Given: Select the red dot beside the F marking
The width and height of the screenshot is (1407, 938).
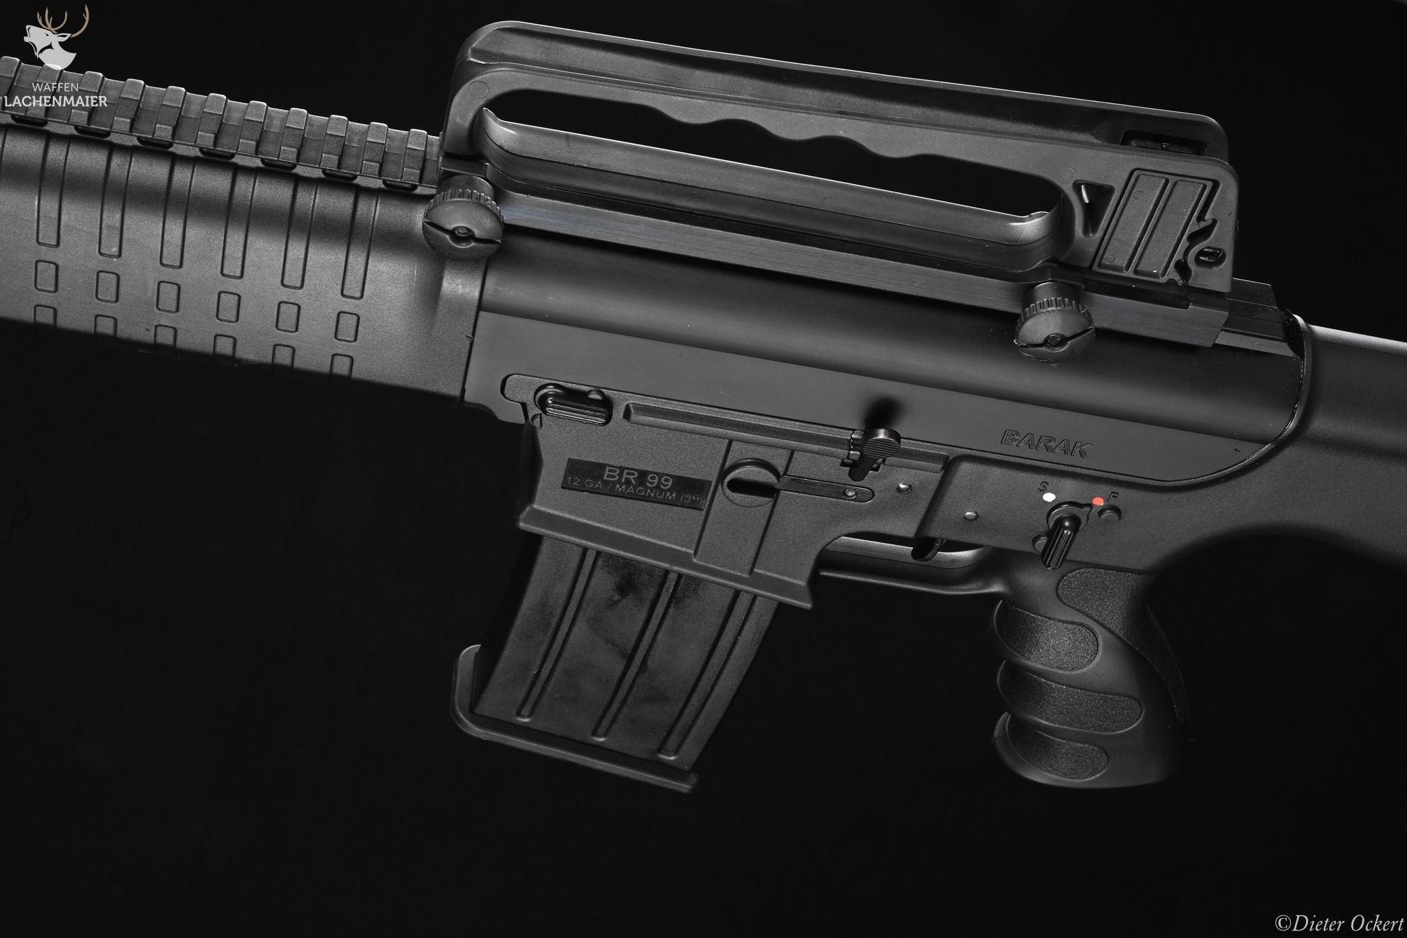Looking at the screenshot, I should pos(1098,501).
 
